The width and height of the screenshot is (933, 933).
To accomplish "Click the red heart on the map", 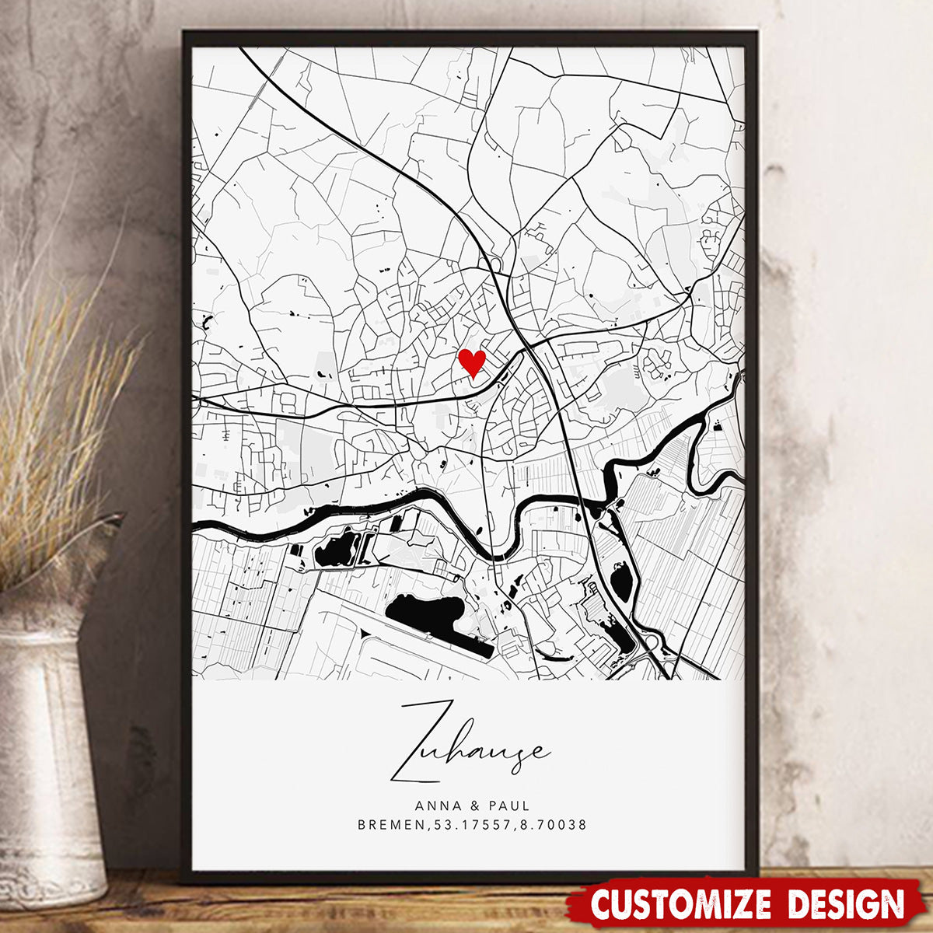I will point(471,362).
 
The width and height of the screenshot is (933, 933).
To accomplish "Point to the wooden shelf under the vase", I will point(117,910).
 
